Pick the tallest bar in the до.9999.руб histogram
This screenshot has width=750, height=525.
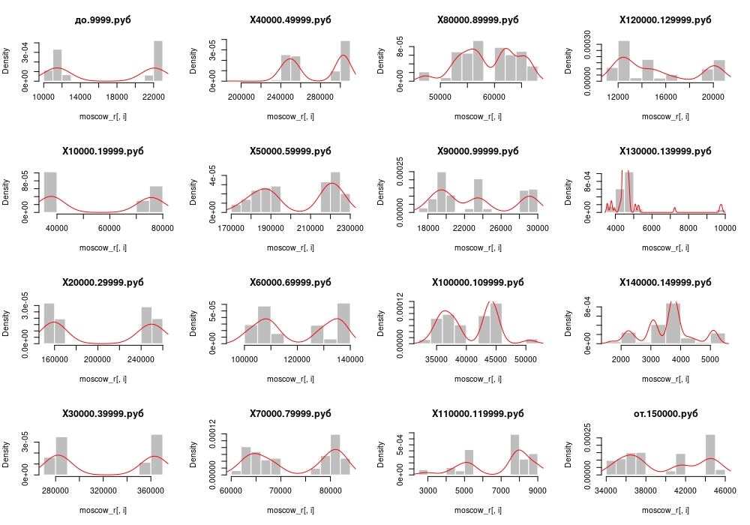[158, 61]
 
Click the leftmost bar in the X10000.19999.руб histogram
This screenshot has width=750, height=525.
[50, 192]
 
